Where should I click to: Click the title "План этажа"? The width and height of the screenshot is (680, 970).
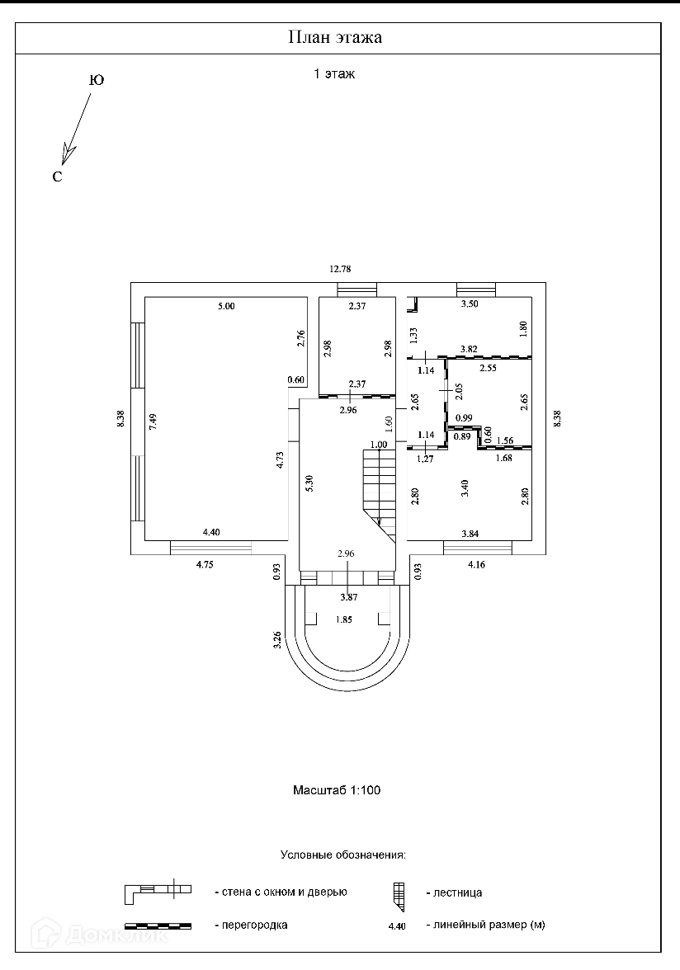pos(335,38)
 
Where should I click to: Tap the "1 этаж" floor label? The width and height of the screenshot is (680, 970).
pos(334,74)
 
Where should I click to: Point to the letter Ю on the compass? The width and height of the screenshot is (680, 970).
pos(96,81)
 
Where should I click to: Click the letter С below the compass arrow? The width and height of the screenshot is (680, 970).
pos(57,177)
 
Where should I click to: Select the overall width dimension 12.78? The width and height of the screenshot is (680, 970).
pos(340,269)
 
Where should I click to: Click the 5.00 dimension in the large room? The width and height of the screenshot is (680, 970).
pos(226,307)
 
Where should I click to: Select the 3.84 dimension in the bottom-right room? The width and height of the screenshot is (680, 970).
pos(470,534)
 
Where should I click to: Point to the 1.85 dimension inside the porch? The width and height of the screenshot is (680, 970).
pos(346,619)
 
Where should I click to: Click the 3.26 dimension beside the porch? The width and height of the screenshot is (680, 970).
pos(276,640)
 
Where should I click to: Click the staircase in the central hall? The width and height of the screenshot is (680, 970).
pos(380,487)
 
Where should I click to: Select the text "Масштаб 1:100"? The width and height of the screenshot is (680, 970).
pos(337,789)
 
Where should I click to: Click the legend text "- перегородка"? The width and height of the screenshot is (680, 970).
pos(251,925)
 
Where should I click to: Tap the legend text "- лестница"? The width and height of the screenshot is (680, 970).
pos(453,892)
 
